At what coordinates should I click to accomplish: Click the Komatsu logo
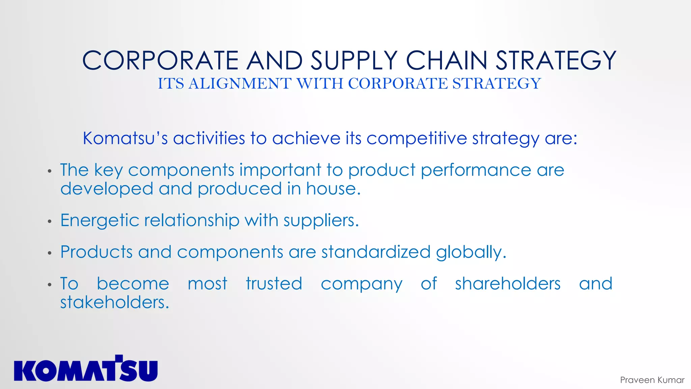click(x=86, y=369)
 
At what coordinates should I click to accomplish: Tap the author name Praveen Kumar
click(x=652, y=380)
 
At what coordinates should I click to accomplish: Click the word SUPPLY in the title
click(x=354, y=60)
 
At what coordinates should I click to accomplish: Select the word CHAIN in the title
click(x=446, y=60)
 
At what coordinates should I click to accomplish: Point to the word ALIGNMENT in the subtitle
click(x=240, y=83)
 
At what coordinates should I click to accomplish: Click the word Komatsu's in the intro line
click(x=125, y=138)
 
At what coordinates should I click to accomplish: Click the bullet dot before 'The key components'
click(x=50, y=172)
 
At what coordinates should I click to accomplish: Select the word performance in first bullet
click(x=476, y=170)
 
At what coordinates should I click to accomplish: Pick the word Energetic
click(x=100, y=221)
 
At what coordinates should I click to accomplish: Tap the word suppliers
click(x=321, y=221)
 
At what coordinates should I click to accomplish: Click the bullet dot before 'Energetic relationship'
click(x=50, y=222)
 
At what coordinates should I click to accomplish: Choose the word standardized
click(x=376, y=252)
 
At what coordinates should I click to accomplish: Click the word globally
click(x=471, y=253)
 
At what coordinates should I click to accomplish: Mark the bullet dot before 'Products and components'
click(x=50, y=253)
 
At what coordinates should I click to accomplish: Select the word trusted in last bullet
click(x=274, y=284)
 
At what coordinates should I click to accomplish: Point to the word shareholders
click(x=507, y=284)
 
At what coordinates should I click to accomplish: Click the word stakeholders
click(x=114, y=302)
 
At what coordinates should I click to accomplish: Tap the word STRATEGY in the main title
click(x=556, y=60)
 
